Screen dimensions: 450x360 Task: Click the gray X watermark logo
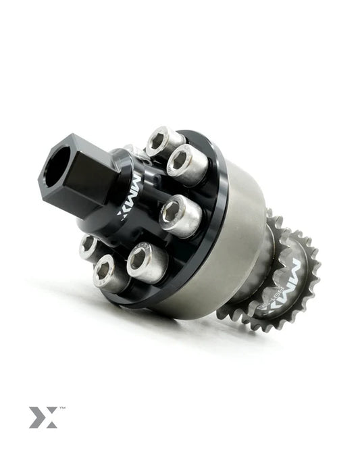coord(42,416)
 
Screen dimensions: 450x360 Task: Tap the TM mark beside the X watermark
coord(62,409)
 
